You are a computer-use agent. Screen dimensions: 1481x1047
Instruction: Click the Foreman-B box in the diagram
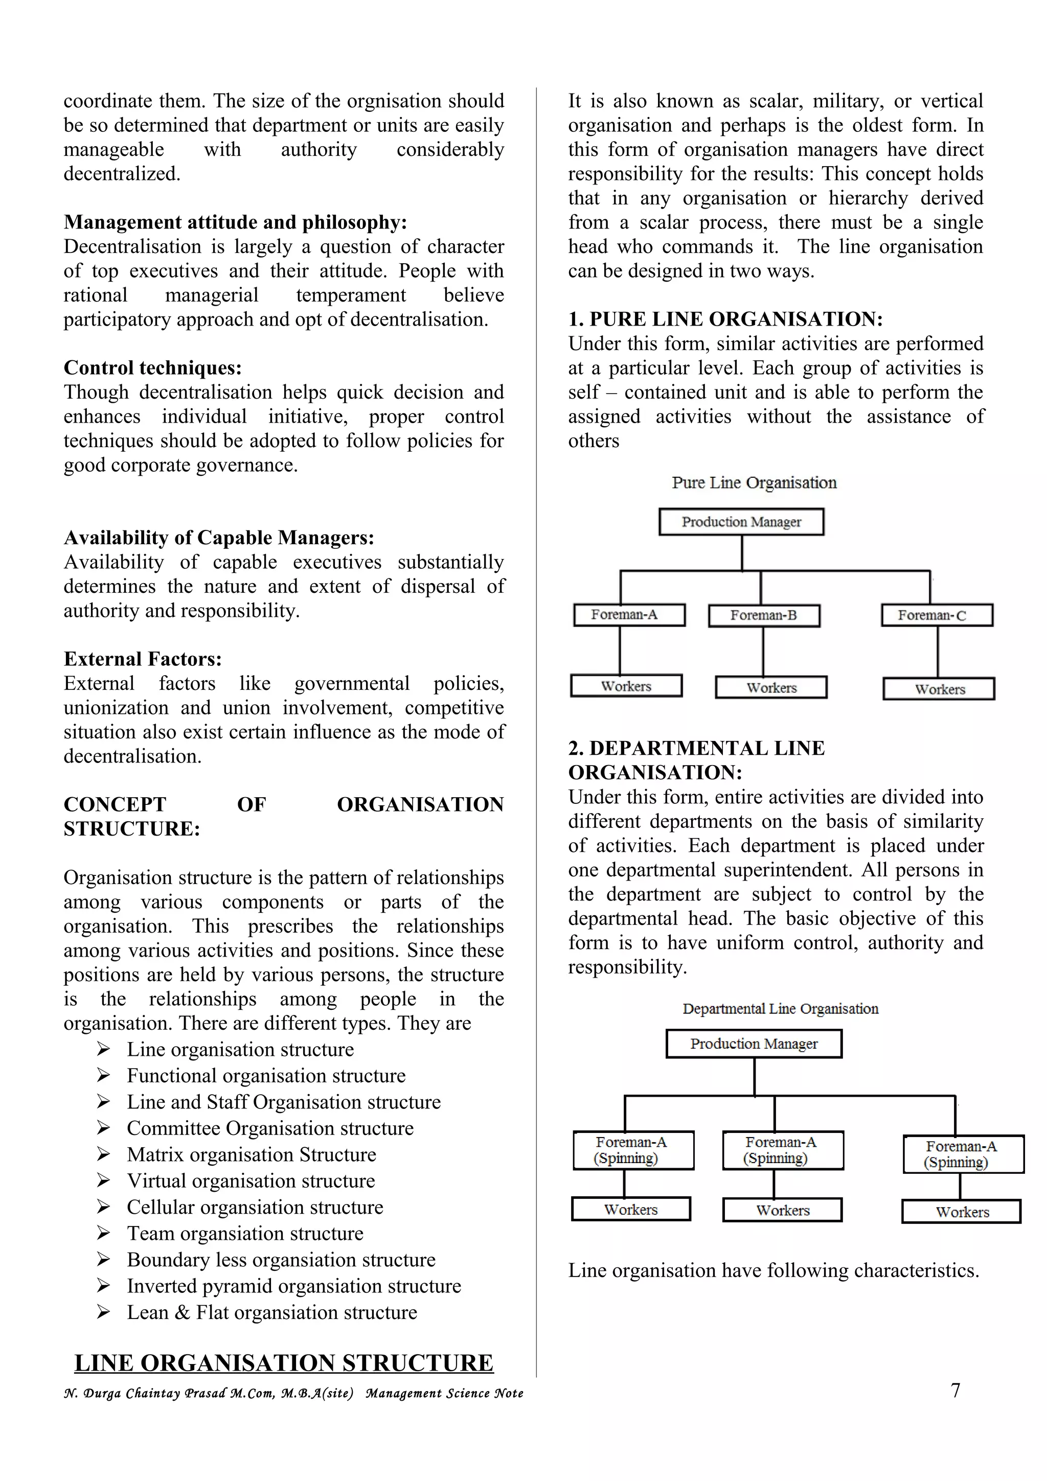click(764, 615)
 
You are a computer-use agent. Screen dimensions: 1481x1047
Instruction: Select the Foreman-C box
click(937, 615)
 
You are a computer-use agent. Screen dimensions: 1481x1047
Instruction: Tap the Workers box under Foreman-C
click(939, 689)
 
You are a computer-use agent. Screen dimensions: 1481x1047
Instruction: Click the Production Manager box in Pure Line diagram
click(741, 522)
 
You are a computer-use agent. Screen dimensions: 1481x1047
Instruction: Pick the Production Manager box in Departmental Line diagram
click(754, 1043)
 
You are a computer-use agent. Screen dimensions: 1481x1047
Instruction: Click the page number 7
click(955, 1390)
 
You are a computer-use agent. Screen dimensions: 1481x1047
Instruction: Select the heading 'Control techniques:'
click(153, 367)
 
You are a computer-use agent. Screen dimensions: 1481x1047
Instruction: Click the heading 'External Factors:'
click(143, 659)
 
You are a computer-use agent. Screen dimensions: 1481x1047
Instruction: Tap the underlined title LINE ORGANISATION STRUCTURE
click(284, 1362)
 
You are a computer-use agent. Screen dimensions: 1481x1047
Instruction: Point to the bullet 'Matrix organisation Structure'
click(251, 1154)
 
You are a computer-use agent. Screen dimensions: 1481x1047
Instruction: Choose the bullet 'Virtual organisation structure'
click(251, 1181)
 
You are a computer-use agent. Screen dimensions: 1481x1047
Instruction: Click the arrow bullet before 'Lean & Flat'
click(103, 1312)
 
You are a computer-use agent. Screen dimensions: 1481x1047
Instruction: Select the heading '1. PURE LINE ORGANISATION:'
click(725, 319)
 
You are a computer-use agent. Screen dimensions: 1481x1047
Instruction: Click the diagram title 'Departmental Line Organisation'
click(780, 1008)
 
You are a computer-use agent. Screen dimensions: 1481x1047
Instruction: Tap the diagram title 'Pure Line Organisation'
click(754, 482)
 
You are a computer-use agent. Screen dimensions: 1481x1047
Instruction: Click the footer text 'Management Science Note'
click(444, 1393)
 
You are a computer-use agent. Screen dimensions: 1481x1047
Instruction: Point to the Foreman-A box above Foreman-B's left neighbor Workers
click(629, 615)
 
